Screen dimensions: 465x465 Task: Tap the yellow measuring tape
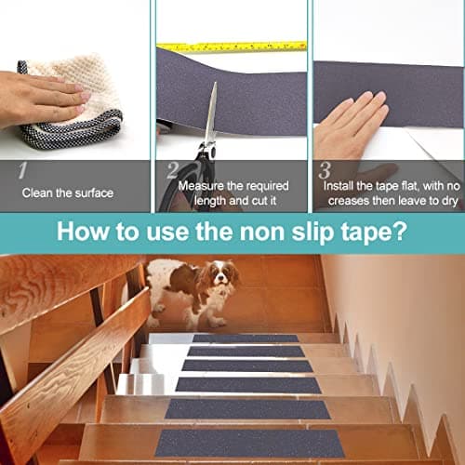pyautogui.click(x=232, y=46)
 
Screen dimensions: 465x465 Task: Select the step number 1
pyautogui.click(x=22, y=170)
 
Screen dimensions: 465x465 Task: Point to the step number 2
pyautogui.click(x=173, y=170)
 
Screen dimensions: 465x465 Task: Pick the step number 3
pyautogui.click(x=325, y=170)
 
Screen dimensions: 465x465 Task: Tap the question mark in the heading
pyautogui.click(x=399, y=231)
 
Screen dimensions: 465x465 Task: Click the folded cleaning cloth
pyautogui.click(x=72, y=102)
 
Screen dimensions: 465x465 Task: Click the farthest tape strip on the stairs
pyautogui.click(x=246, y=339)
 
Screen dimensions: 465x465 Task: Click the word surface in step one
pyautogui.click(x=94, y=193)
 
